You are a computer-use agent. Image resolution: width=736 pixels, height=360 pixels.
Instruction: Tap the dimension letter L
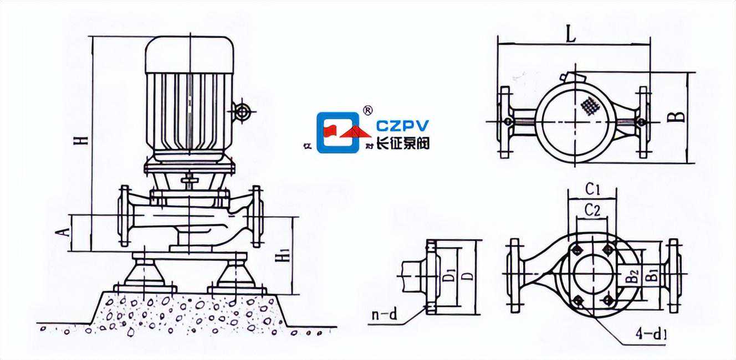tap(572, 35)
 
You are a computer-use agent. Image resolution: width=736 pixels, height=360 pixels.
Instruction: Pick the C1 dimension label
tap(593, 189)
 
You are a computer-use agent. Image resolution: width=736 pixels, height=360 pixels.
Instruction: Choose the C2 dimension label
tap(593, 211)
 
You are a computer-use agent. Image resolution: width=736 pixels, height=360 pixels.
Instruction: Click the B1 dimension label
tap(652, 274)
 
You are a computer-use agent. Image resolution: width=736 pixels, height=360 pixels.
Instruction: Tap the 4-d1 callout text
tap(651, 335)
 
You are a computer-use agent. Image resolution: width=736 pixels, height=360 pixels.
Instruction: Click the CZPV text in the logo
tap(402, 126)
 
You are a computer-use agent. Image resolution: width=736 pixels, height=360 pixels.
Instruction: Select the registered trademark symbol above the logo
tap(367, 110)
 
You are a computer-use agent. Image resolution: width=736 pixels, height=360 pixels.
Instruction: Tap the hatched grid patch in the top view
tap(590, 106)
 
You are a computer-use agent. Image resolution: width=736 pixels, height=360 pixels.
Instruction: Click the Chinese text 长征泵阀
tap(403, 143)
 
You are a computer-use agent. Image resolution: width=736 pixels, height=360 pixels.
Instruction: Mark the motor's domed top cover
tap(190, 54)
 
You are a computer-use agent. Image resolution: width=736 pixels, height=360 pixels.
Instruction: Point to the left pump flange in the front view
tap(125, 216)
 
